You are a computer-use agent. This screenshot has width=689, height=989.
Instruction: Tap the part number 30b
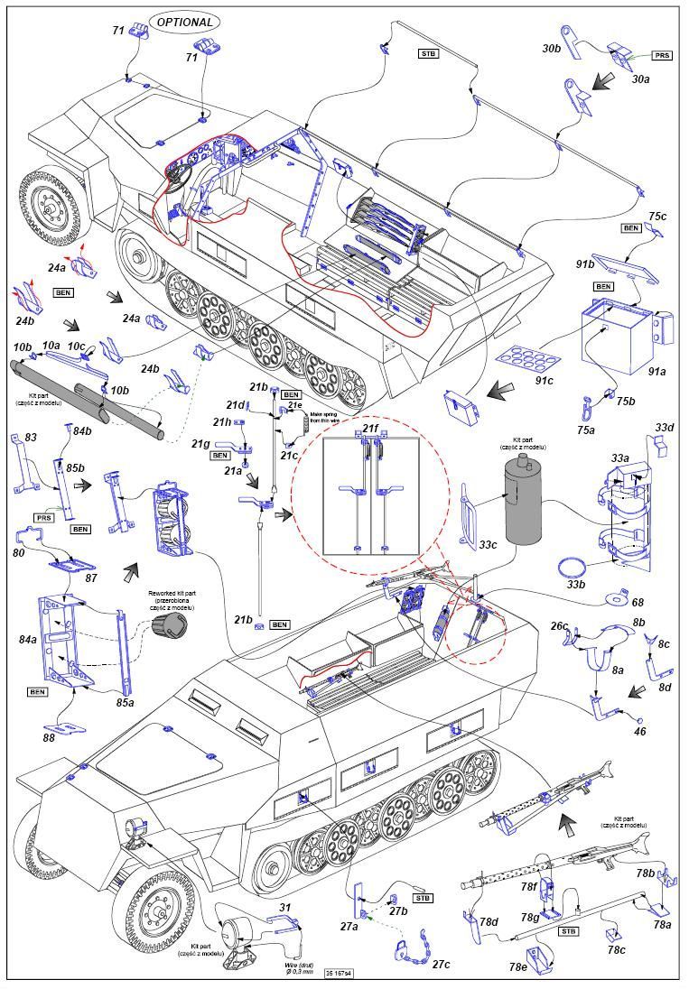(x=554, y=48)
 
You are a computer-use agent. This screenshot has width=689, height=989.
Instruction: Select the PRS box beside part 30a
(x=662, y=55)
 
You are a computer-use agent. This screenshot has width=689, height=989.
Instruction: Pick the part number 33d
(x=664, y=427)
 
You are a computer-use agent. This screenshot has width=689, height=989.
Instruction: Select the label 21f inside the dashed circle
(x=371, y=427)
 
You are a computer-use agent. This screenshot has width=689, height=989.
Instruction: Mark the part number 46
(x=640, y=733)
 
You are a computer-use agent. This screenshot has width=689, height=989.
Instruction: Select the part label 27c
(x=441, y=965)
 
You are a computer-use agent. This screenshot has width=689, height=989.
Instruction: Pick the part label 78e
(x=517, y=966)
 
